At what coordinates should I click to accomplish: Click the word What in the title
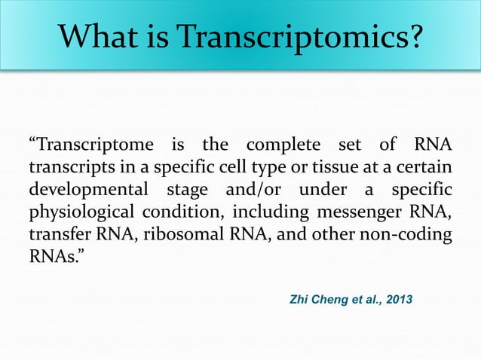click(x=99, y=35)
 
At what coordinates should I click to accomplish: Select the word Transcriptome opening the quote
click(x=89, y=143)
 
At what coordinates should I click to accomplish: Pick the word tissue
click(x=329, y=165)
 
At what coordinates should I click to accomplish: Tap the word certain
click(x=424, y=165)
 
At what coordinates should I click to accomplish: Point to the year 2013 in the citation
click(x=397, y=300)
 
